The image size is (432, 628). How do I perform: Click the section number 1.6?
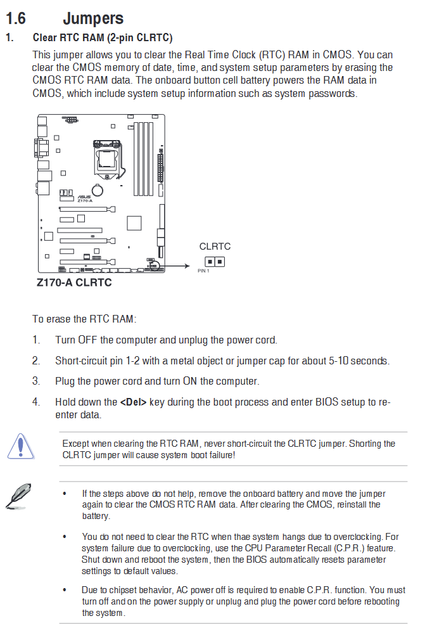(16, 18)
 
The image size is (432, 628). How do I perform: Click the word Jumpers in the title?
(93, 19)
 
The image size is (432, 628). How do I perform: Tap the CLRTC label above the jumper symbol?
(215, 247)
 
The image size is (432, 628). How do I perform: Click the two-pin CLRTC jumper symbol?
(215, 262)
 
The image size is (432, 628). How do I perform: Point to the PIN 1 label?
(203, 271)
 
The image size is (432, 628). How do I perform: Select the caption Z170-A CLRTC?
(74, 283)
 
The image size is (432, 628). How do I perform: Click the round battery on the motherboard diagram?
(98, 190)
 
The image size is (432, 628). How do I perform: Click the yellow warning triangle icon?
(20, 446)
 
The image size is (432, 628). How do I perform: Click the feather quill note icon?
(18, 496)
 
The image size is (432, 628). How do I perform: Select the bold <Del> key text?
(133, 402)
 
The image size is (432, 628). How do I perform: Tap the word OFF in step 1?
(87, 340)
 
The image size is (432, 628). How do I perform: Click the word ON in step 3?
(190, 381)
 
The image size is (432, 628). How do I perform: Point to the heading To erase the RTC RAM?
(84, 319)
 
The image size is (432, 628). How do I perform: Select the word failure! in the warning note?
(222, 455)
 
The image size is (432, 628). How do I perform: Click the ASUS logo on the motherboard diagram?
(84, 196)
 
